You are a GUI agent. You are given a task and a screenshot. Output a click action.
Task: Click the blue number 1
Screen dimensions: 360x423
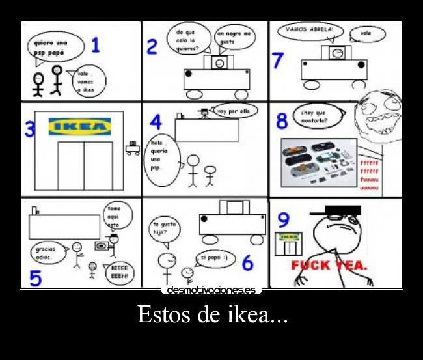95,46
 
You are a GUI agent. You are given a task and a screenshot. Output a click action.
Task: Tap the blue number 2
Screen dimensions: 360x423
152,47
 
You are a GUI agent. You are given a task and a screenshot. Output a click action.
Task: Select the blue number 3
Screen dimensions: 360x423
30,130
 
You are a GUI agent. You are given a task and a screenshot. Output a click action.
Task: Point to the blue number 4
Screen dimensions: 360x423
156,122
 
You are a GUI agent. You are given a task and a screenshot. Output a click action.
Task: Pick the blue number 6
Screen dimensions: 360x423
247,262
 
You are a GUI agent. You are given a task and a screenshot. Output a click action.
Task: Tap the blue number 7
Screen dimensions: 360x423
278,61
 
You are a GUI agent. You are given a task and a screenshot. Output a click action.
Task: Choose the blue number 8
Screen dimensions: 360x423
282,121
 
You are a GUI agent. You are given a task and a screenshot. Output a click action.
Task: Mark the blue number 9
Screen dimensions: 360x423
283,218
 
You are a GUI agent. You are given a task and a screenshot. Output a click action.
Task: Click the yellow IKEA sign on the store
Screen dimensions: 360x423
81,126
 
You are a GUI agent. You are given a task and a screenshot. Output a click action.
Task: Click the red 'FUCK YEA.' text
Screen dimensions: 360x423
329,266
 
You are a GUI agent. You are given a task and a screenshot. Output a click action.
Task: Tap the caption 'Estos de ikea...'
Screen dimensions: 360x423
211,316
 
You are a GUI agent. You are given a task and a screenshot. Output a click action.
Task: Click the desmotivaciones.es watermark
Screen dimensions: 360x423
211,290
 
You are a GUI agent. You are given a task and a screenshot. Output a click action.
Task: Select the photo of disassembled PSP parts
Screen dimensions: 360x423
318,163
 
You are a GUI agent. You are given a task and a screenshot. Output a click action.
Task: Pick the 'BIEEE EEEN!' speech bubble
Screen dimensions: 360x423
119,272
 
